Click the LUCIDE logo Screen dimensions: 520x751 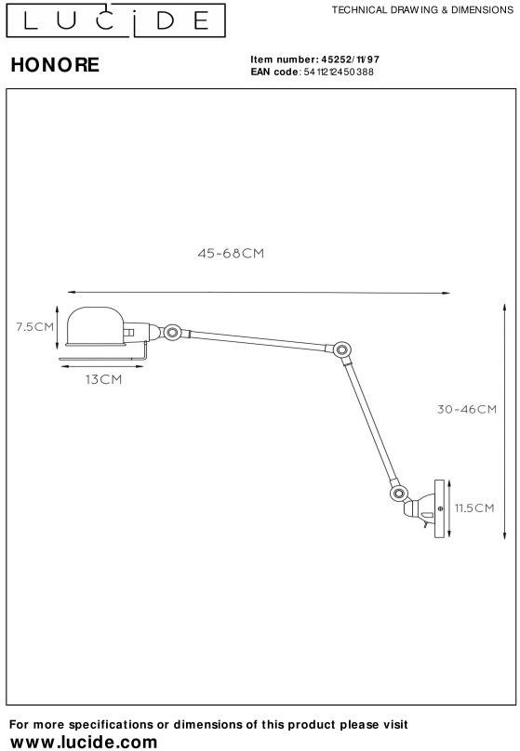pos(115,20)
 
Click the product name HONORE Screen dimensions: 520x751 pos(55,65)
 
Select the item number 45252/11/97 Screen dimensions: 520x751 pos(350,59)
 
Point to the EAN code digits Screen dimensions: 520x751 pos(339,72)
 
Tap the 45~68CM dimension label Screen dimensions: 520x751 pos(231,254)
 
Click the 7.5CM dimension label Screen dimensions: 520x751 pos(34,327)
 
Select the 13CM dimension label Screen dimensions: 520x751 pos(103,379)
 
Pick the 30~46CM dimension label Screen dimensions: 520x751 pos(466,409)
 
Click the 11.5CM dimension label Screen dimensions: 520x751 pos(474,508)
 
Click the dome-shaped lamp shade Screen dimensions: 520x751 pos(96,326)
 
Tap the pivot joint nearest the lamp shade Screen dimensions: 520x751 pos(172,332)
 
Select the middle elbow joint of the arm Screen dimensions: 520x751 pos(341,349)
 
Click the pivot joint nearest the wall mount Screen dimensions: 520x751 pos(398,493)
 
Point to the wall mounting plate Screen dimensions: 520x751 pos(439,508)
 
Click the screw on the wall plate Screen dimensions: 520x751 pos(440,508)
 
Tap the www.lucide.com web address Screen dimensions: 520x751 pos(84,742)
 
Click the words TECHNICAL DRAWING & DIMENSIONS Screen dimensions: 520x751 pos(422,10)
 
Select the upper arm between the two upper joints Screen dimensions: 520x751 pos(258,340)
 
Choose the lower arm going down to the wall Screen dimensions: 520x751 pos(370,422)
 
